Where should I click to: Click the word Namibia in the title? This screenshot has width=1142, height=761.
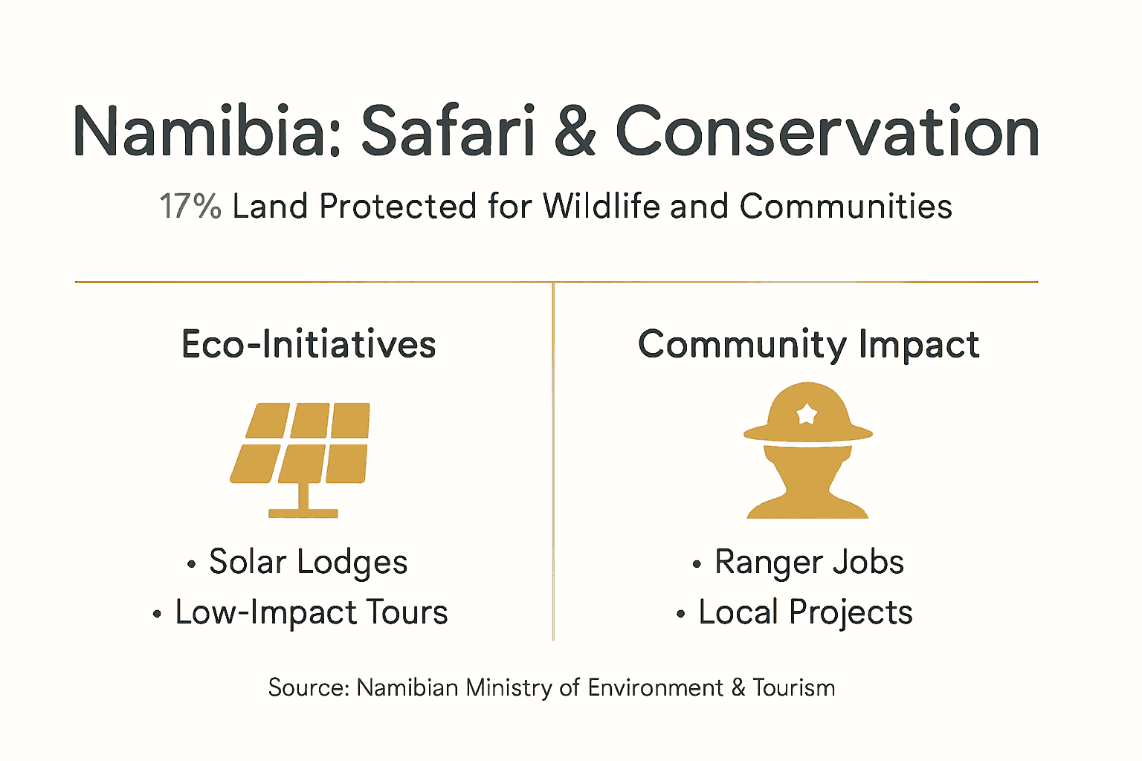point(206,132)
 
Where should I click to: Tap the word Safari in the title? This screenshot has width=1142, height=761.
point(448,132)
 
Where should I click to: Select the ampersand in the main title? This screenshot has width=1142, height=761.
point(575,132)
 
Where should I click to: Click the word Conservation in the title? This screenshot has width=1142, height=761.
point(827,132)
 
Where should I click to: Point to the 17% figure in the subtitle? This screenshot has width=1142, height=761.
point(190,207)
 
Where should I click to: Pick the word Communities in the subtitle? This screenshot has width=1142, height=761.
point(845,207)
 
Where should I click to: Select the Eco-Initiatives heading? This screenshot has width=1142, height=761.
point(309,345)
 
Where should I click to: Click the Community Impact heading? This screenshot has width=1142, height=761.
point(808,345)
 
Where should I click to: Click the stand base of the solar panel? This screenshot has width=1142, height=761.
point(303,513)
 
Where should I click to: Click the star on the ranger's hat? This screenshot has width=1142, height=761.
point(807,413)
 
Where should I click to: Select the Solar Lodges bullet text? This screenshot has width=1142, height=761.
point(308,562)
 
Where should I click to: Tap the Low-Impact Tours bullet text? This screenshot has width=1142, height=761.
point(311,612)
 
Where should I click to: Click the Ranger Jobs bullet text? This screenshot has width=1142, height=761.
point(809,562)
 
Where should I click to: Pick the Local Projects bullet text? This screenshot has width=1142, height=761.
point(805,612)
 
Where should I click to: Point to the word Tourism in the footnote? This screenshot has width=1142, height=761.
point(793,687)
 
